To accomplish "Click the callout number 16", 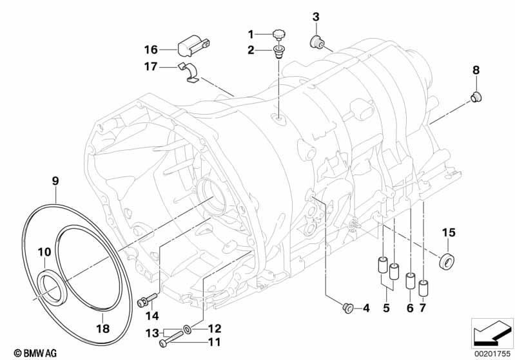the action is click(x=151, y=50).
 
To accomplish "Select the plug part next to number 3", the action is click(x=316, y=41).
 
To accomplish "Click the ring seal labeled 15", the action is click(x=447, y=261).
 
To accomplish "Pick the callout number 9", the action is click(x=55, y=181).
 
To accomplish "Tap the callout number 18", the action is click(x=102, y=328).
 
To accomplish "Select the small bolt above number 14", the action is click(x=147, y=299).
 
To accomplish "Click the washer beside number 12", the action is click(x=186, y=328).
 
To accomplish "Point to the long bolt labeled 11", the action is click(x=171, y=339).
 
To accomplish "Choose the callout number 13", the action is click(x=152, y=334).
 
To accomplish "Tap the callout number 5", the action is click(x=386, y=308).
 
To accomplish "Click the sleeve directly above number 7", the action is click(x=423, y=288).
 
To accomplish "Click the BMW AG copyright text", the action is click(x=35, y=353).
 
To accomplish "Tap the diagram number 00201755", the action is click(x=492, y=354).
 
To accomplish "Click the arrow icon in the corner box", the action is click(x=492, y=333).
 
